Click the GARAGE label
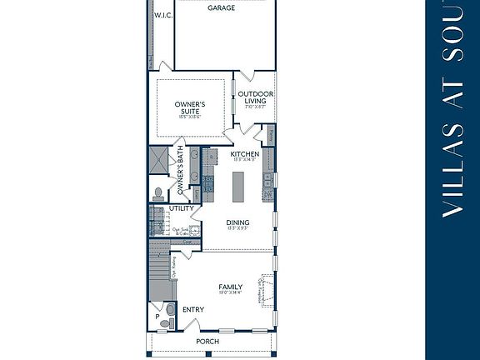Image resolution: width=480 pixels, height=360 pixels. (x=221, y=8)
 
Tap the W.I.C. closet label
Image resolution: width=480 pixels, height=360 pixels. (x=162, y=15)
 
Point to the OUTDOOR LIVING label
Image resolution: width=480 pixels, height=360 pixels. (x=255, y=97)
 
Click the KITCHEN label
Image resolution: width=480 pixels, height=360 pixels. (x=245, y=154)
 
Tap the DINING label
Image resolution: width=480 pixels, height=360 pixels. (x=237, y=223)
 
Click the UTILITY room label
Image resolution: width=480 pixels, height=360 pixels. (x=181, y=208)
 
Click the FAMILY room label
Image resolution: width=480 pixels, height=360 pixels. (x=231, y=287)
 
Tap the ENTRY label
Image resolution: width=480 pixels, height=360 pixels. (x=192, y=310)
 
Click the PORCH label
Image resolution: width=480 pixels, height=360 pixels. (x=207, y=342)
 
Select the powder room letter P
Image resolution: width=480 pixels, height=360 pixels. (x=157, y=317)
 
